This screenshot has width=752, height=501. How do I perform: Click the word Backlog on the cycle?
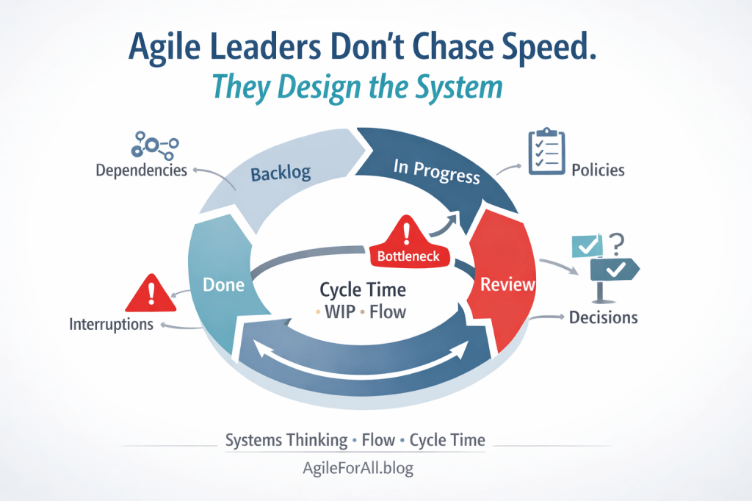(x=281, y=174)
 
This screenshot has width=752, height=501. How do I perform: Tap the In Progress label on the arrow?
(x=436, y=172)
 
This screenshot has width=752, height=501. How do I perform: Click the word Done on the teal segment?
(x=223, y=284)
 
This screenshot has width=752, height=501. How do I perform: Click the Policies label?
(x=598, y=170)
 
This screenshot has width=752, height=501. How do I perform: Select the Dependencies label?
(x=141, y=170)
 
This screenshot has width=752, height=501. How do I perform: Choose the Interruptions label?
(x=112, y=323)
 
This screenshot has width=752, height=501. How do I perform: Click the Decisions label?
(x=603, y=317)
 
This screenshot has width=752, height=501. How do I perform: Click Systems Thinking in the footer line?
(x=286, y=440)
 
